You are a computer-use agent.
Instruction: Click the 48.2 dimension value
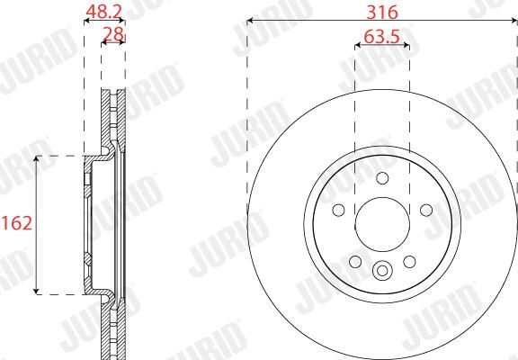(104, 12)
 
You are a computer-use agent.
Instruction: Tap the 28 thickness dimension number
(113, 33)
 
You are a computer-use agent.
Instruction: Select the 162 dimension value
(16, 223)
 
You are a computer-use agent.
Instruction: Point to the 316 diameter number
(382, 13)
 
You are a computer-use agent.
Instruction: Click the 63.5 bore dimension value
(382, 37)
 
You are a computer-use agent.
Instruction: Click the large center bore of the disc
(382, 224)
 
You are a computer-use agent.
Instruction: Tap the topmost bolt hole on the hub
(382, 178)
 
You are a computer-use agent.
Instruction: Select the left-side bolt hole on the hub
(339, 210)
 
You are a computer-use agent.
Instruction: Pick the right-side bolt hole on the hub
(426, 210)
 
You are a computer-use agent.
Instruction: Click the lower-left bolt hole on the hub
(355, 262)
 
